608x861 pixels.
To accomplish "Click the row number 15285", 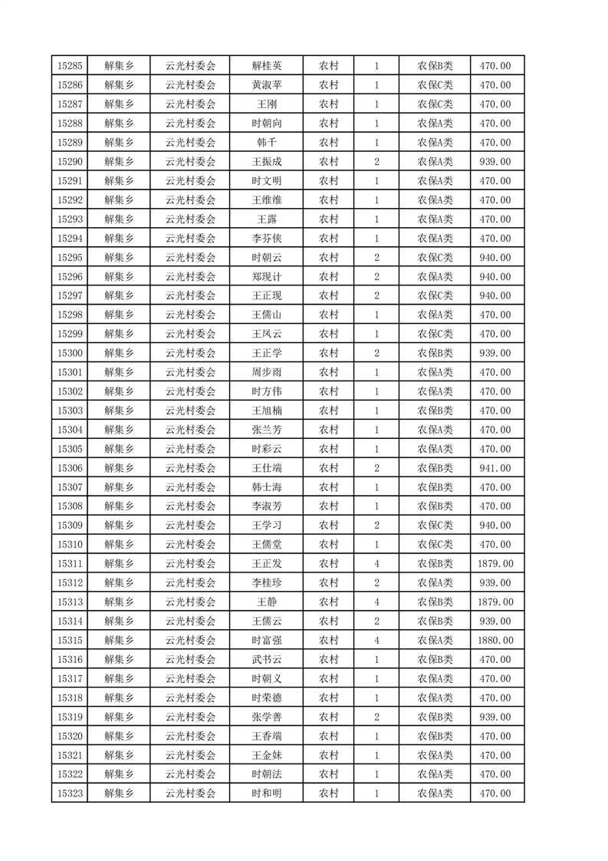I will click(x=70, y=66).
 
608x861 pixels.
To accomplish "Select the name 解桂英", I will click(x=267, y=66).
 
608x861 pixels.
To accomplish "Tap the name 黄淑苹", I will click(x=267, y=85).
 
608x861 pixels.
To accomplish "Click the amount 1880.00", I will click(x=495, y=641).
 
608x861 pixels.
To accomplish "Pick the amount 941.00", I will click(x=495, y=468).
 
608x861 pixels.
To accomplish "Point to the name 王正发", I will click(x=267, y=564).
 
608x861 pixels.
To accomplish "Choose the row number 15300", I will click(x=70, y=353).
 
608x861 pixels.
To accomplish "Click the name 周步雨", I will click(x=267, y=372).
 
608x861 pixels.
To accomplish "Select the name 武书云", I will click(x=267, y=660).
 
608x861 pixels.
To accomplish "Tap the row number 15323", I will click(x=70, y=793).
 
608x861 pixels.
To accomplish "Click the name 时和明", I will click(x=267, y=793).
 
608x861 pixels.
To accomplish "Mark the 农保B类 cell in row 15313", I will click(x=435, y=602).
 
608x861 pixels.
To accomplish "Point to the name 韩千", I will click(x=267, y=143).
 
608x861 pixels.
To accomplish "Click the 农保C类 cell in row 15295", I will click(x=435, y=258).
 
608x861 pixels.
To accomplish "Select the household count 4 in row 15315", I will click(x=376, y=641).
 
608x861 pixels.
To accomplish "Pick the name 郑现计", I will click(x=267, y=277).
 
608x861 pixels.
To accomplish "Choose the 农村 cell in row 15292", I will click(x=328, y=200).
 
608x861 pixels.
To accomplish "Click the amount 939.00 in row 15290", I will click(x=495, y=162).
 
